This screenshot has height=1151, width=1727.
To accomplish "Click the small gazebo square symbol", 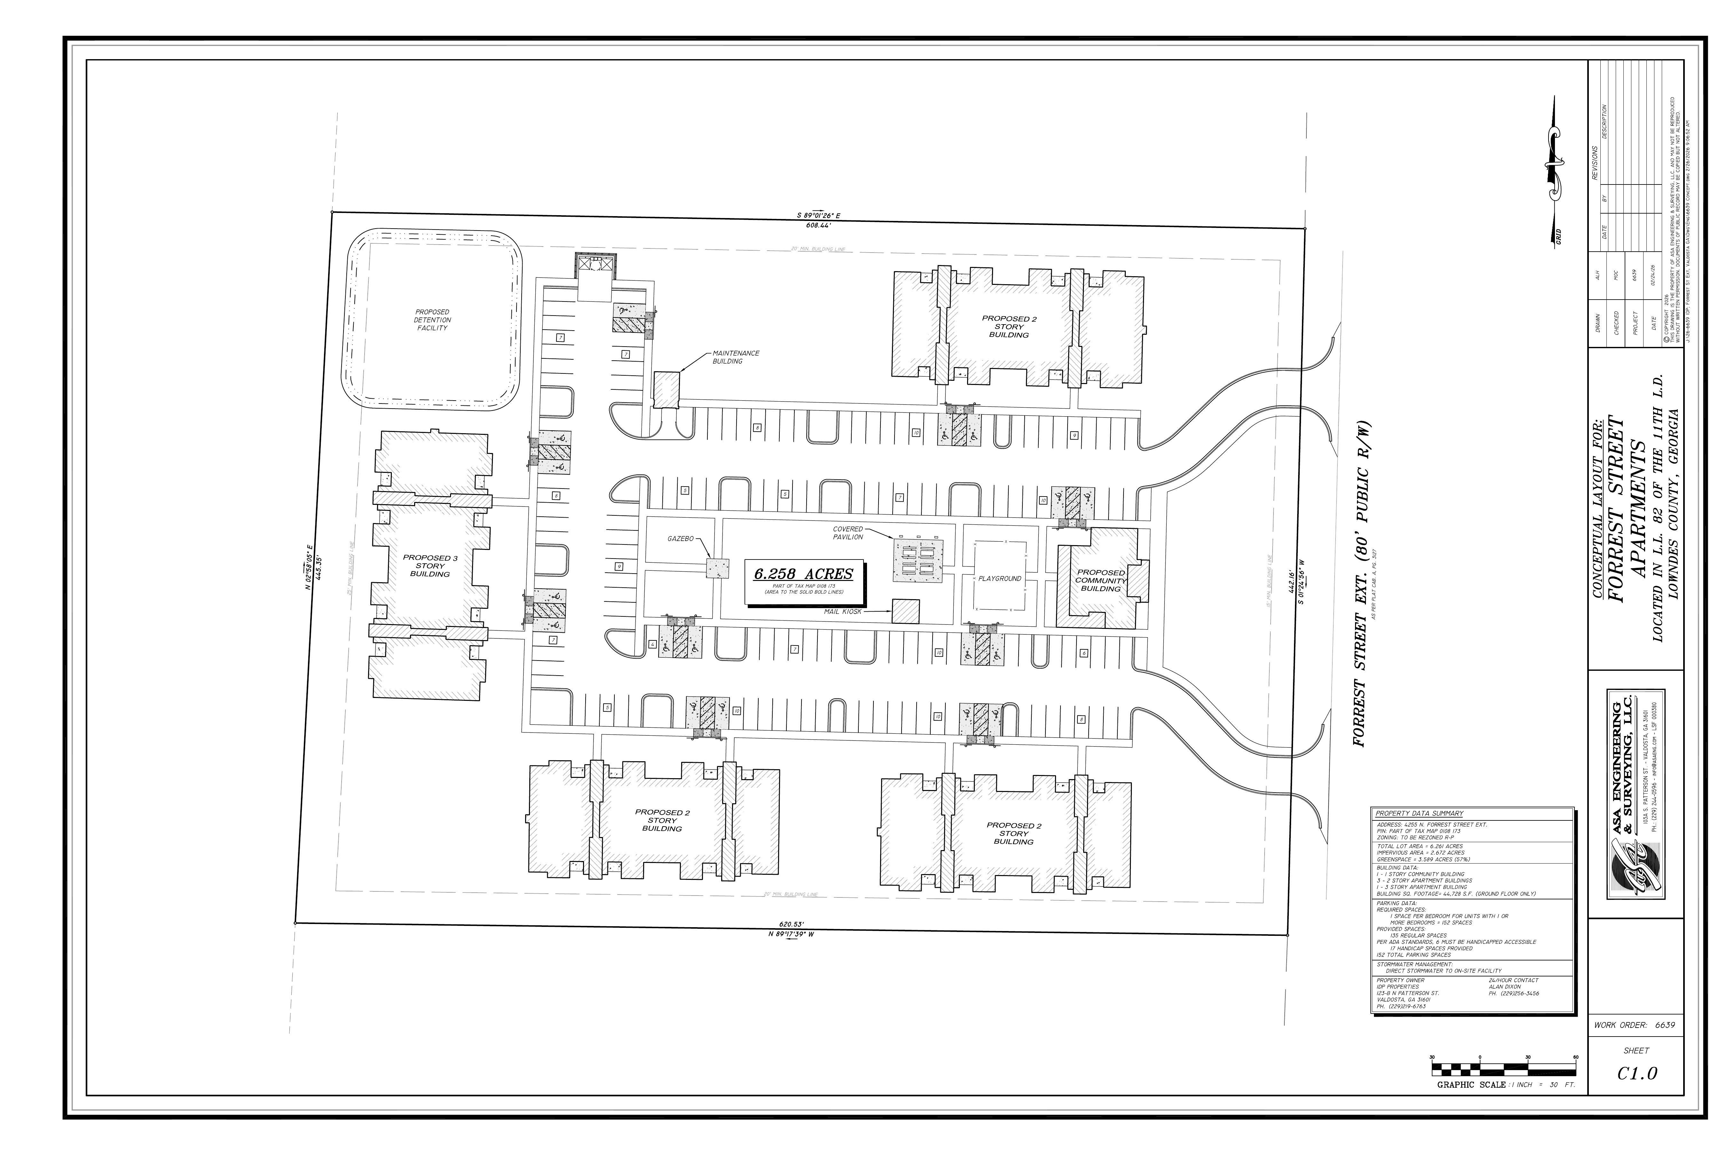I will click(x=717, y=568).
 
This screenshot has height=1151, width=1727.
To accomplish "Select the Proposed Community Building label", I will click(x=1101, y=581).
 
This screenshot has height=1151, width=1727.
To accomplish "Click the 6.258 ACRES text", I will click(x=804, y=574).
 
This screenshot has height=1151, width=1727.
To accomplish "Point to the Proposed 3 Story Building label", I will click(x=430, y=566).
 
